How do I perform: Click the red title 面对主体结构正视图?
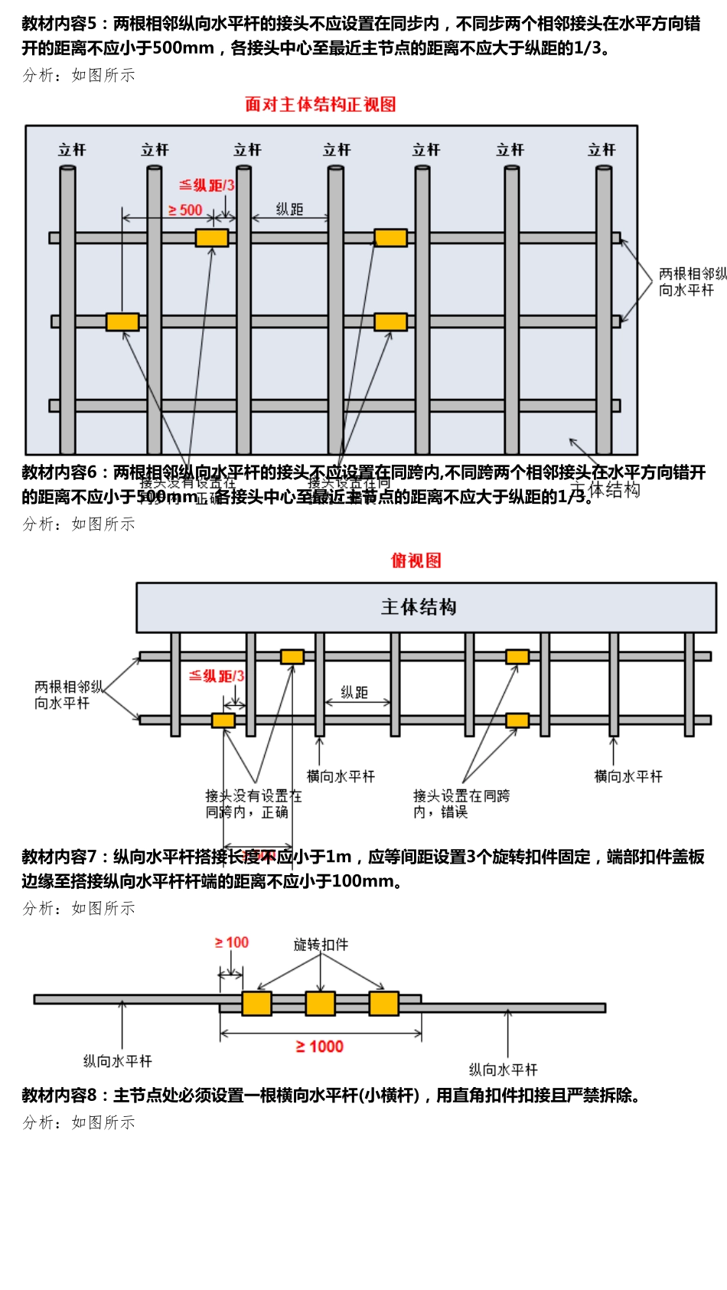pyautogui.click(x=320, y=104)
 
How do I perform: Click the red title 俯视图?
pyautogui.click(x=416, y=560)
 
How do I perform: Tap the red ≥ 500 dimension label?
pyautogui.click(x=184, y=210)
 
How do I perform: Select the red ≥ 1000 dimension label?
pyautogui.click(x=319, y=1047)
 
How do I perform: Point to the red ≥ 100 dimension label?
pyautogui.click(x=231, y=942)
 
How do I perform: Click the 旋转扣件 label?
pyautogui.click(x=321, y=945)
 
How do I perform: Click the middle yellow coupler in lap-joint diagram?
pyautogui.click(x=320, y=1003)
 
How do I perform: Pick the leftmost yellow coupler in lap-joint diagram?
pyautogui.click(x=256, y=1003)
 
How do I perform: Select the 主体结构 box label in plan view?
pyautogui.click(x=419, y=607)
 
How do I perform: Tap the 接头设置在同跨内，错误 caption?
pyautogui.click(x=461, y=804)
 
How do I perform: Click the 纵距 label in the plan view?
pyautogui.click(x=354, y=692)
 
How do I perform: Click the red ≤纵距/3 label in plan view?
pyautogui.click(x=217, y=676)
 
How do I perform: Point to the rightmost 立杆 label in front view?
pyautogui.click(x=601, y=150)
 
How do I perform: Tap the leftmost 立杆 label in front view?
pyautogui.click(x=72, y=150)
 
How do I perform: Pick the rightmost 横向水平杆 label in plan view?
pyautogui.click(x=628, y=776)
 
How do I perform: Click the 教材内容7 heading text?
pyautogui.click(x=58, y=857)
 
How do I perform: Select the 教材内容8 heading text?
pyautogui.click(x=58, y=1096)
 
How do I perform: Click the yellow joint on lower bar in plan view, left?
pyautogui.click(x=223, y=720)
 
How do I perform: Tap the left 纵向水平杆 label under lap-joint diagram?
pyautogui.click(x=117, y=1061)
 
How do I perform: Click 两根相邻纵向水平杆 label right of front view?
pyautogui.click(x=691, y=282)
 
